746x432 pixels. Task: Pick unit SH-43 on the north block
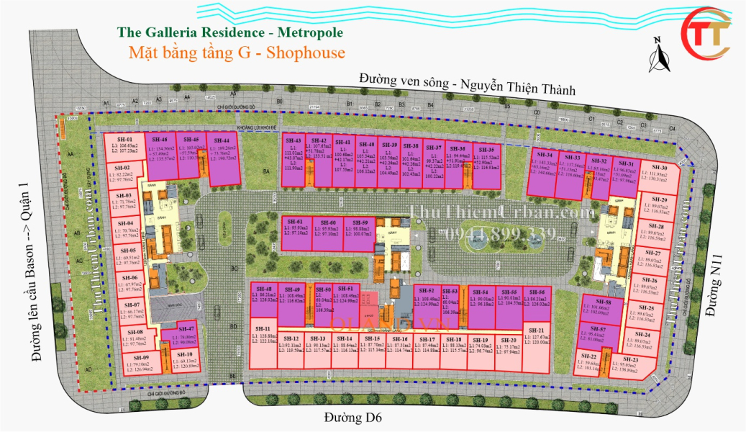click(293, 160)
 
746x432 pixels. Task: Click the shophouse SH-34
click(545, 171)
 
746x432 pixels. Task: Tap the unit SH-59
click(360, 232)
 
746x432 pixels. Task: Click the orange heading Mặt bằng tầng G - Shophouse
click(237, 53)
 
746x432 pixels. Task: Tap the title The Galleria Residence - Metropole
click(229, 32)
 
